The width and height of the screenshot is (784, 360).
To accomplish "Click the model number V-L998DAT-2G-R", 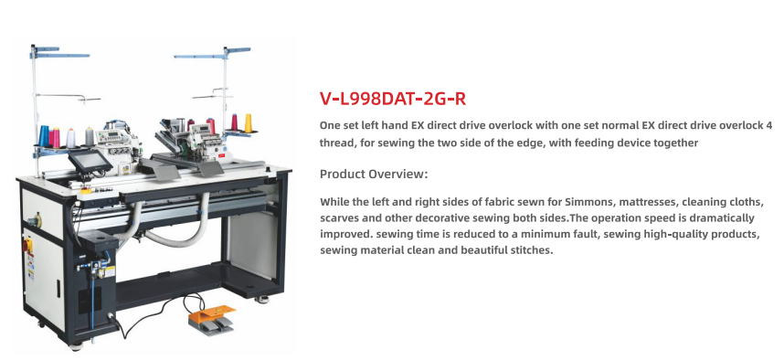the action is coord(393,99).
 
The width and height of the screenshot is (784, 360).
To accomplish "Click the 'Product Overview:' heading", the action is coord(374,174).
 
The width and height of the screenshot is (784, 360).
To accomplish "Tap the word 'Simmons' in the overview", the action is coord(587,202).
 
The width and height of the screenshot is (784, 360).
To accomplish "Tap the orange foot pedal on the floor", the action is coord(211,316).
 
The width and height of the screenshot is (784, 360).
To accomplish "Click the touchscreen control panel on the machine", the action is coord(90,160).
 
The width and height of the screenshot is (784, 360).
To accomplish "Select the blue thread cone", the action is coord(45,135).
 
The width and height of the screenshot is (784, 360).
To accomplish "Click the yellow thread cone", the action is coord(248,123).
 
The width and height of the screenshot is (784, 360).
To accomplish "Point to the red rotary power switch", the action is coord(28,244).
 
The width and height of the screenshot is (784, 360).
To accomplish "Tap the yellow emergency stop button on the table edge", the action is coord(86,190).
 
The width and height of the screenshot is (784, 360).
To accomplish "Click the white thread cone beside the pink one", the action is coord(70,138).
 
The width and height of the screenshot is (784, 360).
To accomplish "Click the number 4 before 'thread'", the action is coord(768,125).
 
